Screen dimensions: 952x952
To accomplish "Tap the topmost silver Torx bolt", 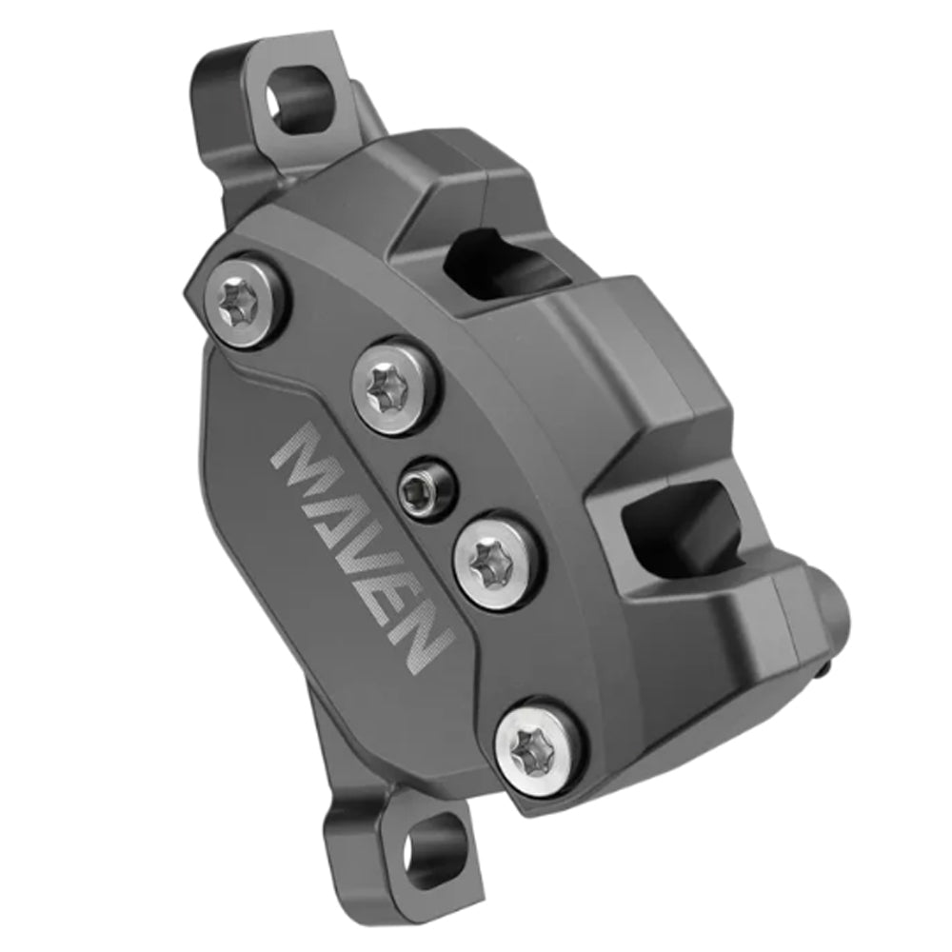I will [x=243, y=295].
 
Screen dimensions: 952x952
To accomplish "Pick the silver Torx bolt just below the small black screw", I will [x=493, y=563].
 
